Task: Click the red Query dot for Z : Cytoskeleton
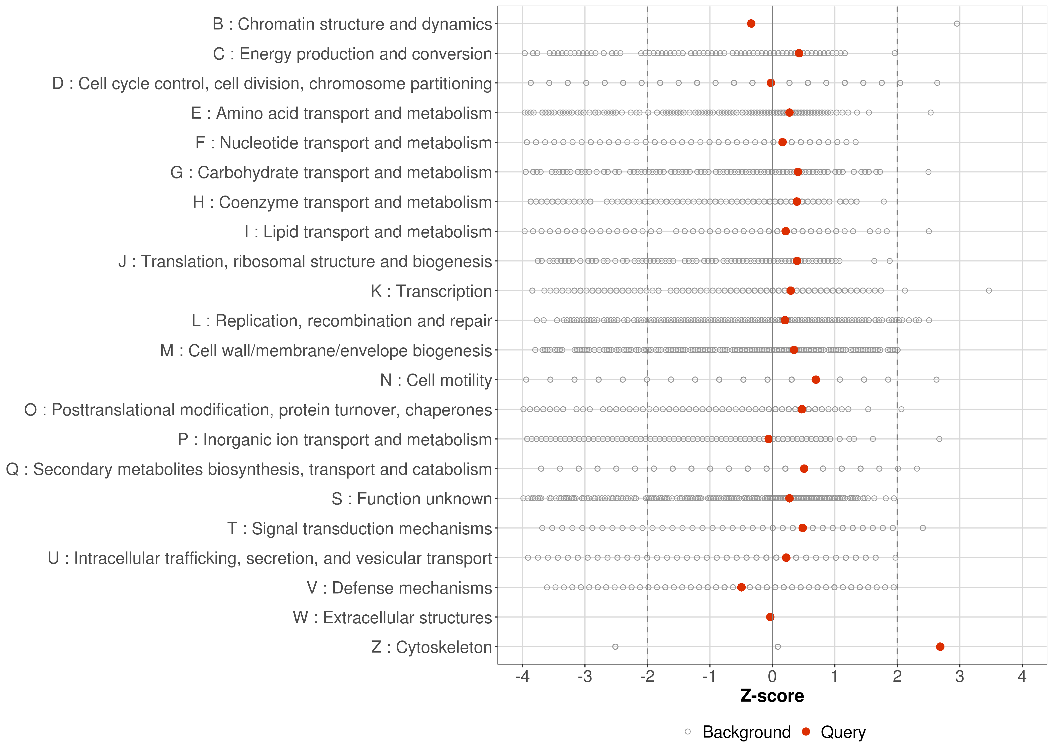click(940, 646)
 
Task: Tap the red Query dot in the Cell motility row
click(816, 380)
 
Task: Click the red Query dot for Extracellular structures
click(770, 617)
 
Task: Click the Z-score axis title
click(772, 696)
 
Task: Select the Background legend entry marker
click(688, 732)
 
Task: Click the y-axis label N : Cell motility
click(436, 380)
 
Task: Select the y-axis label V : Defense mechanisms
click(399, 588)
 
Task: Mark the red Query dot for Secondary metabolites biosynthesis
click(804, 468)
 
